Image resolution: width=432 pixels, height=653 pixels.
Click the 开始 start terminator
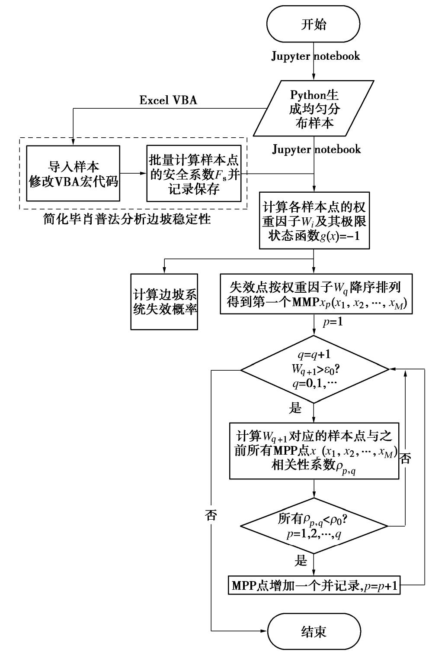(314, 24)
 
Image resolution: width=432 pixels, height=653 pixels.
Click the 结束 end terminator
(314, 632)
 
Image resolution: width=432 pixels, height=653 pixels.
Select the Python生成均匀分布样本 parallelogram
(314, 108)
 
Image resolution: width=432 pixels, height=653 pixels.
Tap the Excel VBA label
(168, 100)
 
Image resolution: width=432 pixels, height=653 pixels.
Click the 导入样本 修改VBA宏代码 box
(73, 173)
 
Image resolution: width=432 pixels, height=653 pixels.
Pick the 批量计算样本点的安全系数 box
(194, 173)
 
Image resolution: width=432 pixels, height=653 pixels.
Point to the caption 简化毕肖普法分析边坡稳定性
(127, 220)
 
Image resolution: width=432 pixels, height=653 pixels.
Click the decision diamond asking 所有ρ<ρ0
(314, 526)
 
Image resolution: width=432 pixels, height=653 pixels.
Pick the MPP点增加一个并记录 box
(314, 586)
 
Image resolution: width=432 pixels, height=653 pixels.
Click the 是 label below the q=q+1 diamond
(295, 407)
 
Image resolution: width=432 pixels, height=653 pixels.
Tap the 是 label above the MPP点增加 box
(301, 562)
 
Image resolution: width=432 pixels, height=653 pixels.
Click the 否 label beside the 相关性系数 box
(405, 459)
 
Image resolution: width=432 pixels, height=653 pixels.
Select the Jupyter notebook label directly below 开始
(315, 56)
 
